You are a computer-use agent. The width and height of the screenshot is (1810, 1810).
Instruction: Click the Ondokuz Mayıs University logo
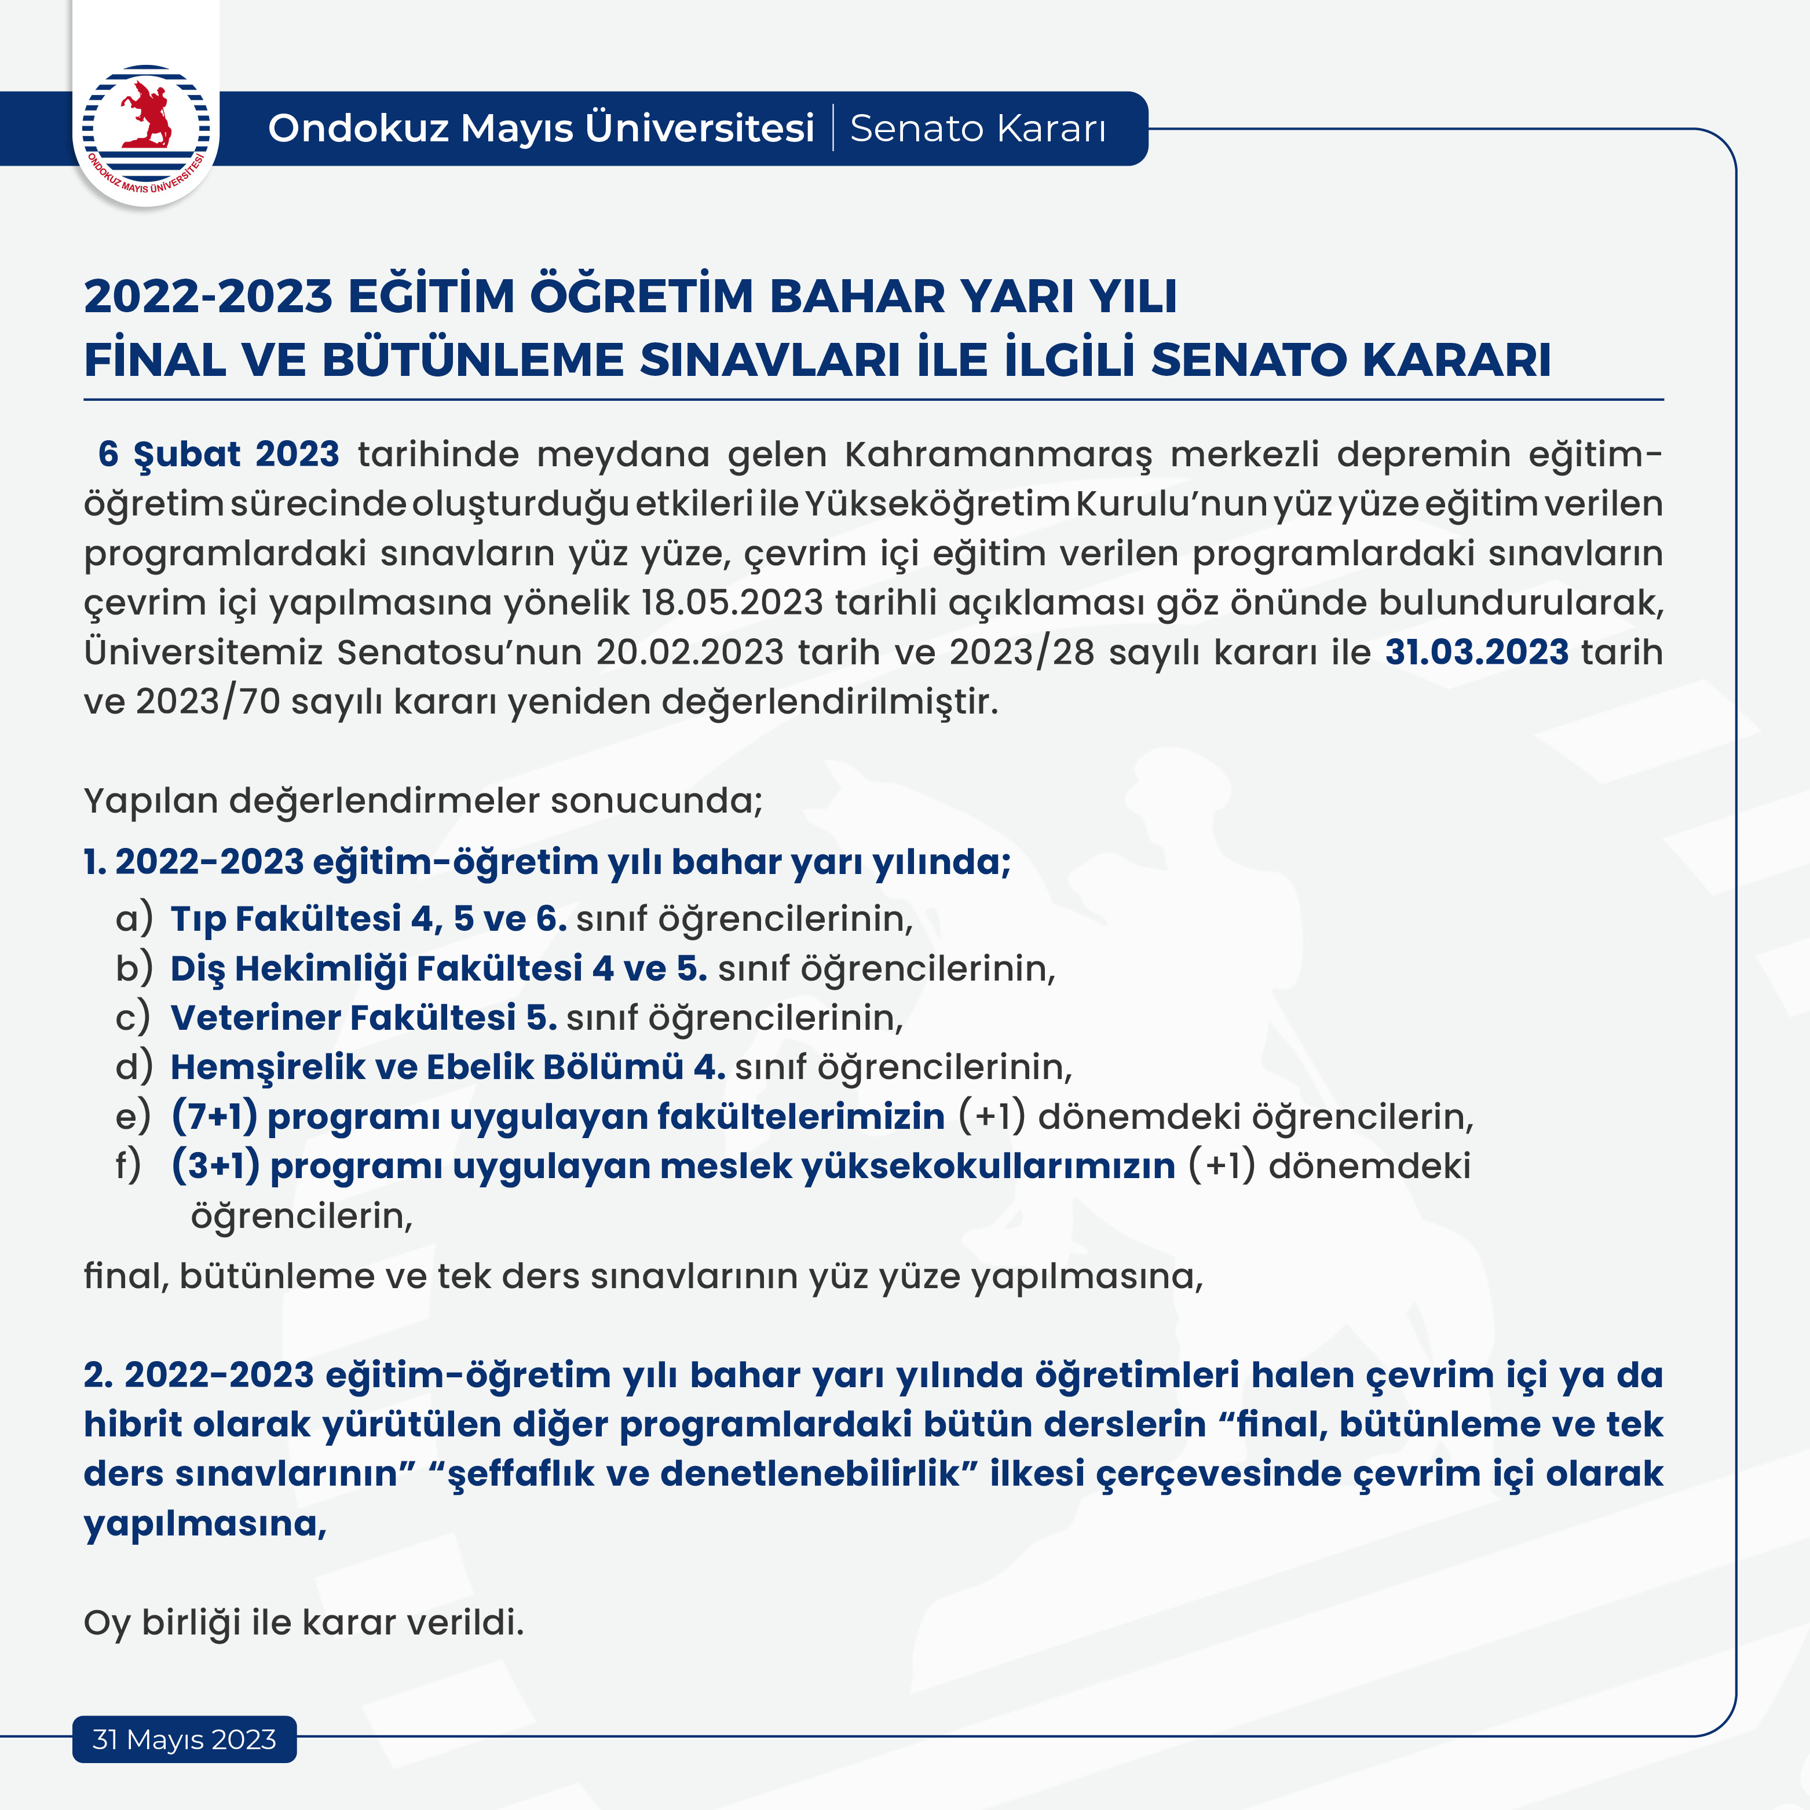coord(145,131)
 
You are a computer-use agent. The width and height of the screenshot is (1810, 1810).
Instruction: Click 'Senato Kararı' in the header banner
coord(977,129)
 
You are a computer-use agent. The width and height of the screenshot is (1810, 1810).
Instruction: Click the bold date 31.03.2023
coord(1476,652)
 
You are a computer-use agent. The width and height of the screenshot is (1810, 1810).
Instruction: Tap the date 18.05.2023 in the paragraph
coord(732,602)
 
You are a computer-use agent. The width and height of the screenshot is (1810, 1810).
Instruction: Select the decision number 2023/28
coord(1021,652)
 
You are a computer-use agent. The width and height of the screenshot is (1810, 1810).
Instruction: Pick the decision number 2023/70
coord(208,701)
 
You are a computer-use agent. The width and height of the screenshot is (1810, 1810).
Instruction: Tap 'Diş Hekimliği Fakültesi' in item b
coord(376,968)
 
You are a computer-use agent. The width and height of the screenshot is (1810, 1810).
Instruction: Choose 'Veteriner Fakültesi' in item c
coord(343,1018)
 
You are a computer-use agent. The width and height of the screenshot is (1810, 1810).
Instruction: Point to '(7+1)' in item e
coord(214,1117)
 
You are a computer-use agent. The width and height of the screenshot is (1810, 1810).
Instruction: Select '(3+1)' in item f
coord(215,1167)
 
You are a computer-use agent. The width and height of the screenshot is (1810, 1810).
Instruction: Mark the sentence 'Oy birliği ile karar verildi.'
coord(304,1623)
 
